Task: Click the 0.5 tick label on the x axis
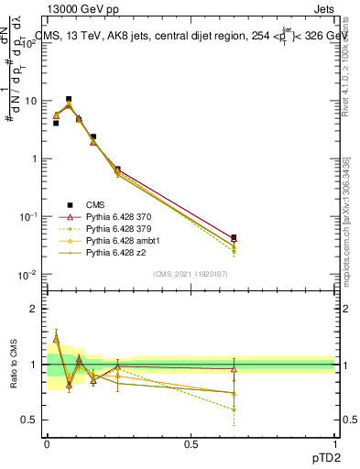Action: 191,443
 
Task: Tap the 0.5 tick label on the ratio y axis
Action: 31,420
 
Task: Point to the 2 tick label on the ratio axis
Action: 35,310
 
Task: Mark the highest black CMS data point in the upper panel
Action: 69,99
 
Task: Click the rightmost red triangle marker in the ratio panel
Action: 234,369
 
